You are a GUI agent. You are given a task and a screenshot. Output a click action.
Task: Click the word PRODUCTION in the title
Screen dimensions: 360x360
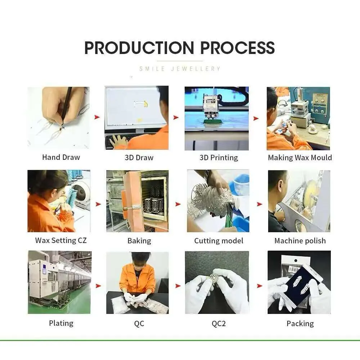tap(139, 48)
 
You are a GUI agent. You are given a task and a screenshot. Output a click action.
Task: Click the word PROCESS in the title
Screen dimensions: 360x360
tap(238, 48)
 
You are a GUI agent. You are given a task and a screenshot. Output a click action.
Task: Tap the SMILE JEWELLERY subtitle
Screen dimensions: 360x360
tap(180, 69)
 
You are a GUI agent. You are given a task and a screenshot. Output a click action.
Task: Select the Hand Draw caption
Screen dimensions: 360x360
tap(61, 157)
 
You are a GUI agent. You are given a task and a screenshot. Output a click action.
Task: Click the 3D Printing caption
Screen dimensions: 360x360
tap(219, 158)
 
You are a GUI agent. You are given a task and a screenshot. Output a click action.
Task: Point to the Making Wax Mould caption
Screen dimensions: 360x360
tap(300, 158)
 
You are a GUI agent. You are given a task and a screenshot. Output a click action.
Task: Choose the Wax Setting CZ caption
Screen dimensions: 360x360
tap(61, 240)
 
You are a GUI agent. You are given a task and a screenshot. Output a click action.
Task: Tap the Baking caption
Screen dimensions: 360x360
tap(139, 241)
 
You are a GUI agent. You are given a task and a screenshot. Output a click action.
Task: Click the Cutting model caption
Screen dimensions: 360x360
tap(219, 241)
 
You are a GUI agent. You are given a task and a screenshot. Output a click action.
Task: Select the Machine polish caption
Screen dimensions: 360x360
tap(300, 241)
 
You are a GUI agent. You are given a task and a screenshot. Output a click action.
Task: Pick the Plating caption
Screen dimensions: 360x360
tap(61, 323)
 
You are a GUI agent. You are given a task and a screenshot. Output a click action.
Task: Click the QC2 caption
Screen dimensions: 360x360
tap(219, 324)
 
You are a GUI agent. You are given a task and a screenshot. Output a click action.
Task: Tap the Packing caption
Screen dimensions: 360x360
tap(300, 324)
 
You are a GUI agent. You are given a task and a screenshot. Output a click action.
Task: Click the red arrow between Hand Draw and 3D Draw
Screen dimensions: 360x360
tap(97, 117)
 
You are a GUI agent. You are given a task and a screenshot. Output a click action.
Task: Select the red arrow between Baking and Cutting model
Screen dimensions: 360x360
tap(178, 204)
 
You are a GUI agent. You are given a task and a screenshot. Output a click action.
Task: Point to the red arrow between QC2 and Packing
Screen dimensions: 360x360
tap(260, 286)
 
